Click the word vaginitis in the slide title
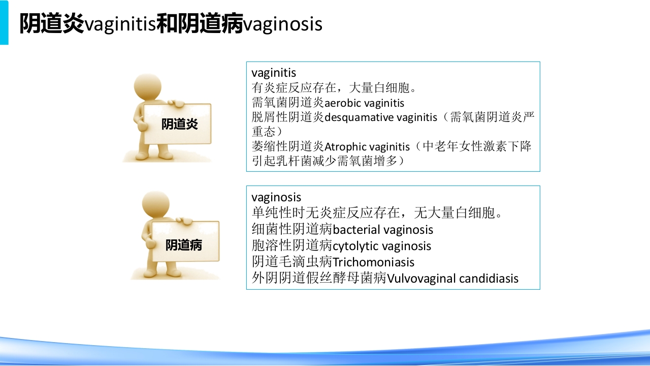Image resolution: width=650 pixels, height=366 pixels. click(x=120, y=24)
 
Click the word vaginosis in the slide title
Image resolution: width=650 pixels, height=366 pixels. click(x=283, y=24)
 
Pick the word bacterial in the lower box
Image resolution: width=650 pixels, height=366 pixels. click(x=355, y=230)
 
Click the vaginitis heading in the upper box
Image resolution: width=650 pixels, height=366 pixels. click(x=274, y=73)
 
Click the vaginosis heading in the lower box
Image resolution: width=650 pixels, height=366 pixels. click(x=276, y=197)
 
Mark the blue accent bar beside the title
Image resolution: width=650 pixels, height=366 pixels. click(x=4, y=23)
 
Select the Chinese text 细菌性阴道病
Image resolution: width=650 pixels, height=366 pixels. click(x=292, y=230)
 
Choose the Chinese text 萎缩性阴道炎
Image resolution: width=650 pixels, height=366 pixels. click(x=288, y=147)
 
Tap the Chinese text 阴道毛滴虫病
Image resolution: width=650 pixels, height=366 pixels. click(x=292, y=262)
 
